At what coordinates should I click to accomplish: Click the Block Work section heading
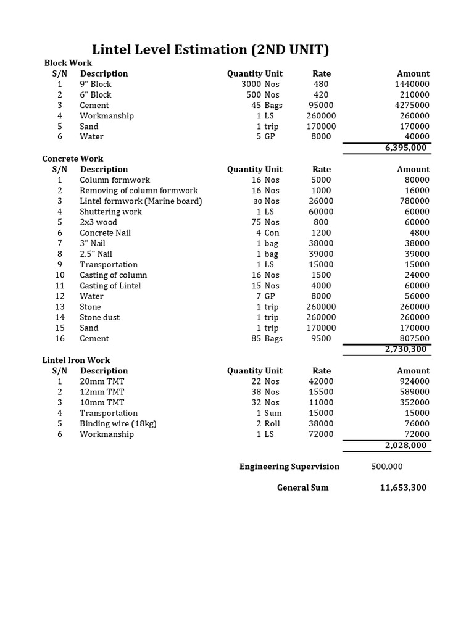pyautogui.click(x=68, y=63)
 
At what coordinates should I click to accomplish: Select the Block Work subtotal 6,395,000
pyautogui.click(x=407, y=148)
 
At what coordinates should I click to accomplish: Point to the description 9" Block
pyautogui.click(x=96, y=85)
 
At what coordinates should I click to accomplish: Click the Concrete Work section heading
pyautogui.click(x=73, y=159)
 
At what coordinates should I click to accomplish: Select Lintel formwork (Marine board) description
pyautogui.click(x=141, y=201)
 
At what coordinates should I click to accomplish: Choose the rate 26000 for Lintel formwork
pyautogui.click(x=321, y=201)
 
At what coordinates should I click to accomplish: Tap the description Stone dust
pyautogui.click(x=99, y=317)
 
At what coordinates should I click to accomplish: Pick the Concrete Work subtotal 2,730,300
pyautogui.click(x=407, y=349)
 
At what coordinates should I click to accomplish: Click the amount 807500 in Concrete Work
pyautogui.click(x=413, y=338)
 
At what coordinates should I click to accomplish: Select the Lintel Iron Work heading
pyautogui.click(x=76, y=360)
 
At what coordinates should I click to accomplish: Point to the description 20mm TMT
pyautogui.click(x=102, y=381)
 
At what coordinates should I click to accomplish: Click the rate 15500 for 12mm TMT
pyautogui.click(x=321, y=392)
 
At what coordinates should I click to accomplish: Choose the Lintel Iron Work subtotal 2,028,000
pyautogui.click(x=407, y=445)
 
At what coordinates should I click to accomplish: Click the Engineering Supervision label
pyautogui.click(x=289, y=467)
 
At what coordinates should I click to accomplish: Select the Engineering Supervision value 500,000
pyautogui.click(x=387, y=467)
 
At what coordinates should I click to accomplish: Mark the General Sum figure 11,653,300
pyautogui.click(x=402, y=488)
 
